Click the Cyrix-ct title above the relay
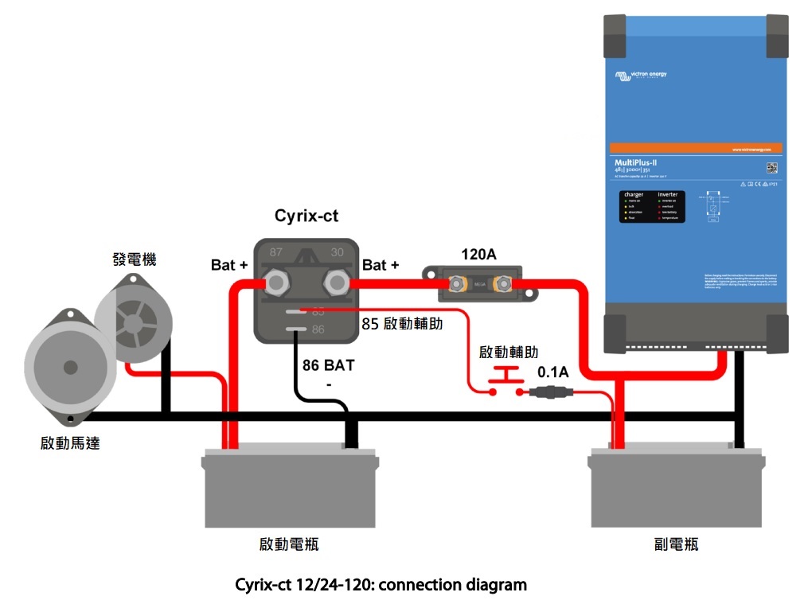click(307, 216)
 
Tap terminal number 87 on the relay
click(275, 252)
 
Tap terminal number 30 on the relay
click(337, 252)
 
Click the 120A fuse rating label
click(479, 255)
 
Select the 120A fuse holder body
click(480, 283)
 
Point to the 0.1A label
click(553, 372)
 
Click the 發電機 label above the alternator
click(135, 259)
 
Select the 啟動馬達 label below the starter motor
click(70, 443)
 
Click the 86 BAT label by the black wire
click(328, 367)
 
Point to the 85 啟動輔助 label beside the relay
click(402, 324)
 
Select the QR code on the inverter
click(771, 168)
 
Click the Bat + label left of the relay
click(229, 264)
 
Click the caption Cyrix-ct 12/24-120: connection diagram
click(381, 585)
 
